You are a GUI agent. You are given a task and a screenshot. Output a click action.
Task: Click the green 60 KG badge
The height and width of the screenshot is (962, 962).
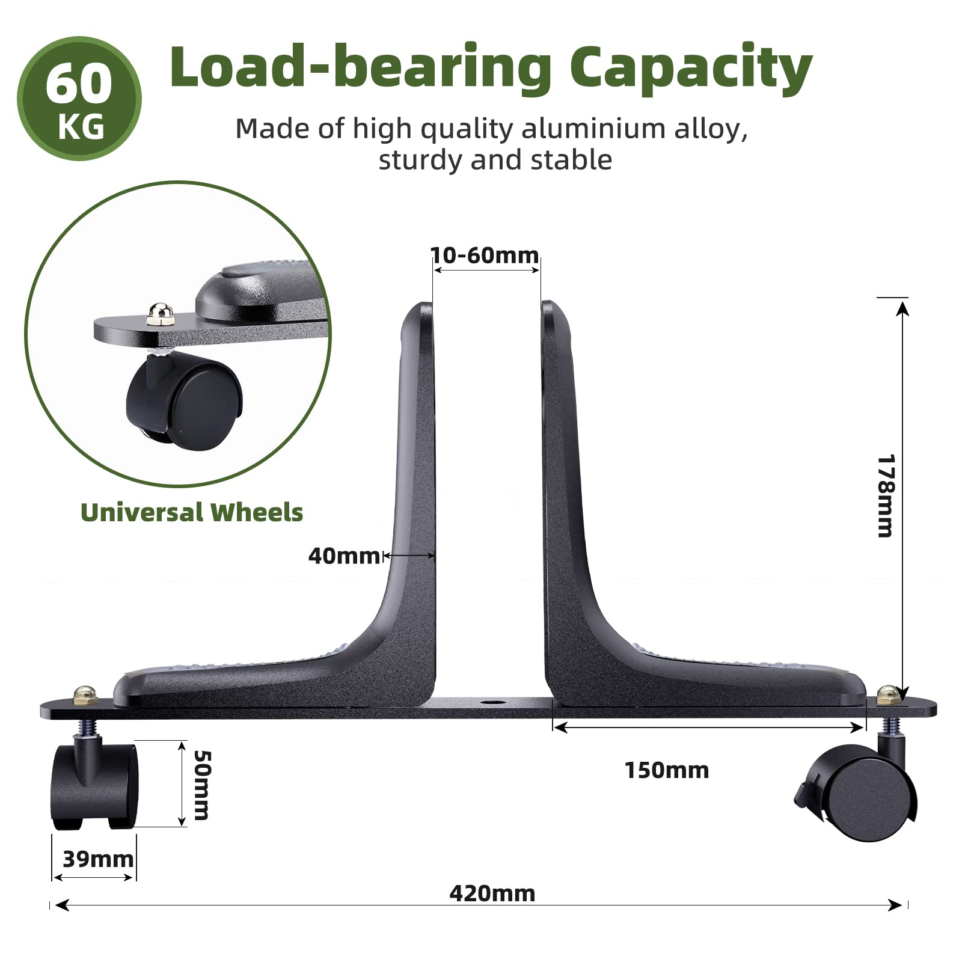[x=79, y=99]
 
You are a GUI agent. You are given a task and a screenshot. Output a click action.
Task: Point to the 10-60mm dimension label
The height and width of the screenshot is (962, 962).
[x=485, y=256]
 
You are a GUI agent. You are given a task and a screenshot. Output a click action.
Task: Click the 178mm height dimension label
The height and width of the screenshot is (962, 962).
[x=886, y=495]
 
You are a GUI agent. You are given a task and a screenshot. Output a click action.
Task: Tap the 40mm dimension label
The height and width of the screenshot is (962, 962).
[x=343, y=556]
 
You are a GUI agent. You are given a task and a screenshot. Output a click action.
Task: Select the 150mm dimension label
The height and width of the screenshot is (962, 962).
[x=667, y=770]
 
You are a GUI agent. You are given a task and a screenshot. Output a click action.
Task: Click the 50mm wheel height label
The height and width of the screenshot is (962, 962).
[x=201, y=785]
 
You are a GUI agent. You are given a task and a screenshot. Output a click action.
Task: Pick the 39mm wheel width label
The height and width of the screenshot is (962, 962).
[x=98, y=859]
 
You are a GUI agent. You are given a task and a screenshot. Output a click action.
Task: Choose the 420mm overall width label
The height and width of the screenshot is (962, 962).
[x=492, y=893]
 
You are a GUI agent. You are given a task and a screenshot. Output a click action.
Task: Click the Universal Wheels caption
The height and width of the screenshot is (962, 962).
[x=192, y=513]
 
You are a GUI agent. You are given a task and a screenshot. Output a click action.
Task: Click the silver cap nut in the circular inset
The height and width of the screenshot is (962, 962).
[x=158, y=313]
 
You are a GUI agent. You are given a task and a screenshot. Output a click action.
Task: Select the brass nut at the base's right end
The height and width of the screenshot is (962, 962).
[x=887, y=696]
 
